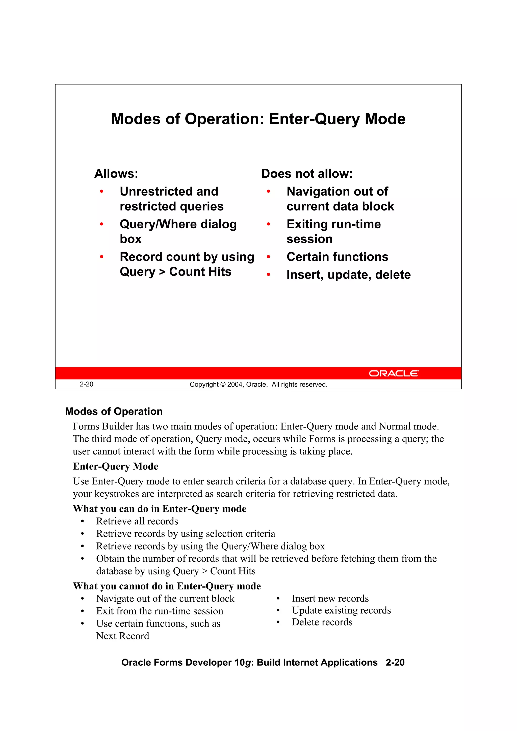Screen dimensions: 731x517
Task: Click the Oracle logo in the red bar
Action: point(394,373)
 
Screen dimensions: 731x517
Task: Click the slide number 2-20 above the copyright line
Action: point(86,384)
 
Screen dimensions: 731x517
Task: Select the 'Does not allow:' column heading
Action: point(307,174)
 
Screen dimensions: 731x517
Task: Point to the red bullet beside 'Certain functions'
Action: point(269,257)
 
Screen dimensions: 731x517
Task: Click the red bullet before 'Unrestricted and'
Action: point(102,191)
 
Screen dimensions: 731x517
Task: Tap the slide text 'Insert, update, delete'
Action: point(348,275)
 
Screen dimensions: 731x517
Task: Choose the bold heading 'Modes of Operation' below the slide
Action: point(114,411)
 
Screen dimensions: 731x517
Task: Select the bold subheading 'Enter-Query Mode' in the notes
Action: point(115,466)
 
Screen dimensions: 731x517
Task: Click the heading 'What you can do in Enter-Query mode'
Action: point(159,508)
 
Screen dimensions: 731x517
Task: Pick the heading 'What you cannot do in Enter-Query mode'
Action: point(167,586)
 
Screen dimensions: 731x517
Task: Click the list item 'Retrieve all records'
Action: point(137,521)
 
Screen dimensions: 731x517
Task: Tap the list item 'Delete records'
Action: point(322,622)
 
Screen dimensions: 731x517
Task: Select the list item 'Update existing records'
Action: point(341,610)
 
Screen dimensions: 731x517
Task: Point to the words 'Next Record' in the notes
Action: point(123,636)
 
